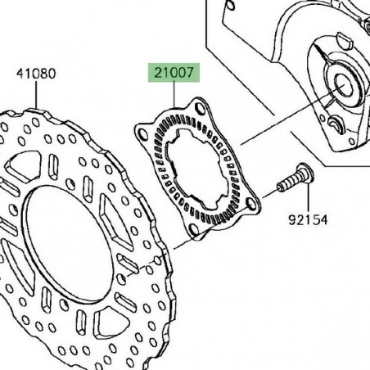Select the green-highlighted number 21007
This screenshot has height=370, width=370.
172,72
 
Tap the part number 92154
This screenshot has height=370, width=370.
310,219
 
